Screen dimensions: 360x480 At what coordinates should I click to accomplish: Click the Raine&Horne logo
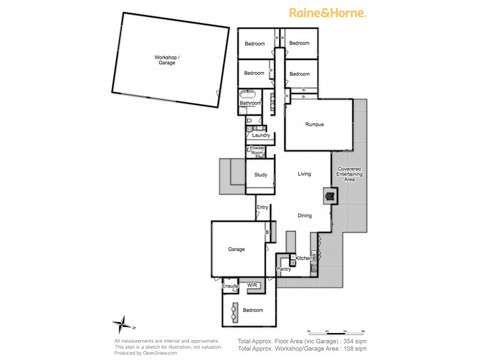click(x=328, y=13)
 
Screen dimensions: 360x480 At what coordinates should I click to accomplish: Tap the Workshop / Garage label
click(x=167, y=60)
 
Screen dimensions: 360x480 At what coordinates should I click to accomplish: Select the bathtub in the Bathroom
click(x=248, y=94)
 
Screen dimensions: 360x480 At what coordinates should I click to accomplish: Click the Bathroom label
click(x=250, y=103)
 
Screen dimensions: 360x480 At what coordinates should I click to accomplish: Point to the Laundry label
click(x=260, y=135)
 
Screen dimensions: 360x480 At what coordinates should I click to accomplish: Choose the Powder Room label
click(x=257, y=150)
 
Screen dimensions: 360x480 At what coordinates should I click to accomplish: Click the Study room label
click(x=260, y=175)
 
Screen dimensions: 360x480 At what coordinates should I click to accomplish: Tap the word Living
click(x=304, y=174)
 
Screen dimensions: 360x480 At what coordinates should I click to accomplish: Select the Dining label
click(x=304, y=215)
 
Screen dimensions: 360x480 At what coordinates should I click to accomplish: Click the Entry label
click(x=262, y=208)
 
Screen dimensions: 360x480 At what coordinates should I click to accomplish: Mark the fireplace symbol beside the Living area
click(x=329, y=195)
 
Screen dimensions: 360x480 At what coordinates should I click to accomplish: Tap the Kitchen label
click(x=304, y=258)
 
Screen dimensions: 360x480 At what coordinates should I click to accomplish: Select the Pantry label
click(x=284, y=269)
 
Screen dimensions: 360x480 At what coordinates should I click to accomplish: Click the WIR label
click(x=252, y=286)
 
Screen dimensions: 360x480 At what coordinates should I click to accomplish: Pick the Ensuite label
click(x=230, y=287)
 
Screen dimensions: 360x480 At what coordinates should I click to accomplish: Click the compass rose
click(x=122, y=325)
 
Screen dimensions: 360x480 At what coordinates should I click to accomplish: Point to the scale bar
click(x=336, y=331)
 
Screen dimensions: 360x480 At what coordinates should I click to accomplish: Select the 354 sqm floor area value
click(x=354, y=341)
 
